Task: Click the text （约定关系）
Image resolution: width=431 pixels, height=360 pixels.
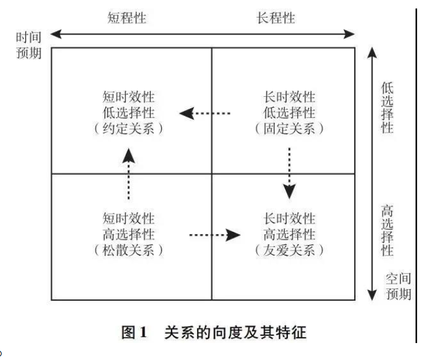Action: pyautogui.click(x=128, y=128)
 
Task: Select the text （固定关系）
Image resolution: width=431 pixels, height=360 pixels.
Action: pyautogui.click(x=290, y=128)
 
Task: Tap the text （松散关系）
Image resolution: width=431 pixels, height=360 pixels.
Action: pyautogui.click(x=128, y=250)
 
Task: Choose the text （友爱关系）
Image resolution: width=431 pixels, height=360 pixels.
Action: pyautogui.click(x=290, y=250)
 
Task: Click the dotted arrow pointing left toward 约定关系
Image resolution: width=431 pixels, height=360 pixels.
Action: pyautogui.click(x=205, y=113)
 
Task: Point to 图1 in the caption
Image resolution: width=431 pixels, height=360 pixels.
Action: pyautogui.click(x=135, y=332)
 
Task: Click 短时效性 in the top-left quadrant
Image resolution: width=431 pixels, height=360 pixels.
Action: pyautogui.click(x=128, y=97)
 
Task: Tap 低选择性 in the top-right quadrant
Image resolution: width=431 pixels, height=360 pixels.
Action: pyautogui.click(x=290, y=113)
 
